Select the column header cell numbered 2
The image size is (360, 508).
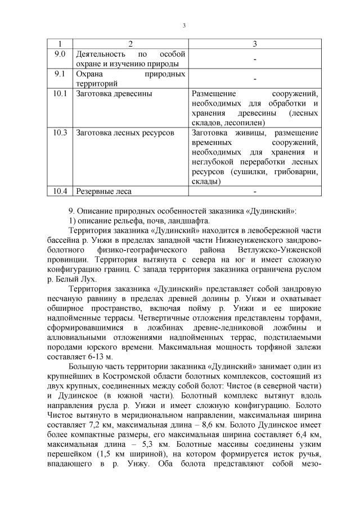[x=130, y=44]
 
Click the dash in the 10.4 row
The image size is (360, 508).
[x=255, y=191]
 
